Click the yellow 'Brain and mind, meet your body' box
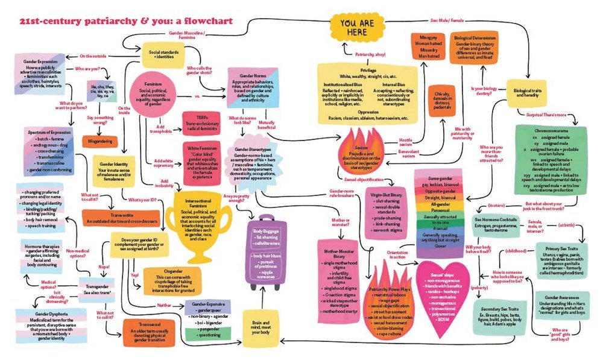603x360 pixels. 260,329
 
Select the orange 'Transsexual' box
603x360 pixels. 147,332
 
